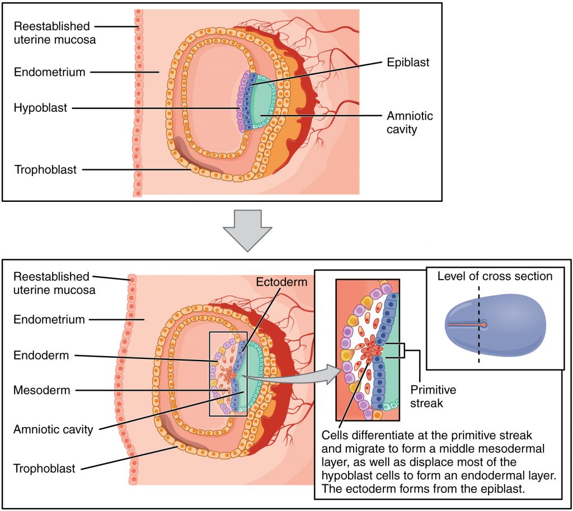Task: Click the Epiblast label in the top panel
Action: (407, 63)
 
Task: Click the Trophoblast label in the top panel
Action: (45, 169)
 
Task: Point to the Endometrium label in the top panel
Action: (49, 72)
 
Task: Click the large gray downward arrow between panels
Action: (247, 229)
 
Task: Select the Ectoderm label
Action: (281, 282)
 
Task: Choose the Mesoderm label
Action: (42, 390)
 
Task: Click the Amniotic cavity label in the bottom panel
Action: (53, 429)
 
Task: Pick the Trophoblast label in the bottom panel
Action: (44, 469)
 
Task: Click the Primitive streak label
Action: (433, 396)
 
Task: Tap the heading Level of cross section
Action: (495, 276)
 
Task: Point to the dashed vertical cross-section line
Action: (478, 347)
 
